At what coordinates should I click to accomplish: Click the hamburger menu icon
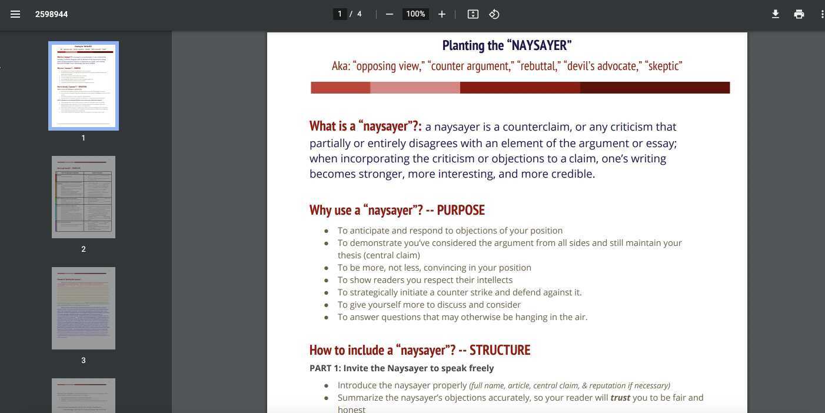coord(15,14)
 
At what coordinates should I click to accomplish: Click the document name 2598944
coord(51,14)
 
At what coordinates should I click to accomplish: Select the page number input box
coord(340,14)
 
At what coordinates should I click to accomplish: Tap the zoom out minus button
coord(389,14)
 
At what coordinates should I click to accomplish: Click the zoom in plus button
coord(442,14)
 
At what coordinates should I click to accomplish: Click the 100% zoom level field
coord(415,14)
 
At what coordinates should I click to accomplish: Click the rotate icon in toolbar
coord(494,14)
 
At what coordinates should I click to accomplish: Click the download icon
coord(776,14)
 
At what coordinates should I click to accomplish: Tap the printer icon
coord(799,14)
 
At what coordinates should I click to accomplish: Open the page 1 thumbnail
coord(83,86)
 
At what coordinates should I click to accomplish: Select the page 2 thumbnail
coord(83,197)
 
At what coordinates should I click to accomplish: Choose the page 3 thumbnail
coord(83,308)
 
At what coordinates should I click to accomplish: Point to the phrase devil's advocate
coord(602,66)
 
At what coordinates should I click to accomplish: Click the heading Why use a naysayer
coord(397,210)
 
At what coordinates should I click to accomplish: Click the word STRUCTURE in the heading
coord(500,350)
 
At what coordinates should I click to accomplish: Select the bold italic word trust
coord(620,398)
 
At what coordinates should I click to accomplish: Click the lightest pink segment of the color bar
coord(415,88)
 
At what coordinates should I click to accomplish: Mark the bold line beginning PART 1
coord(401,368)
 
